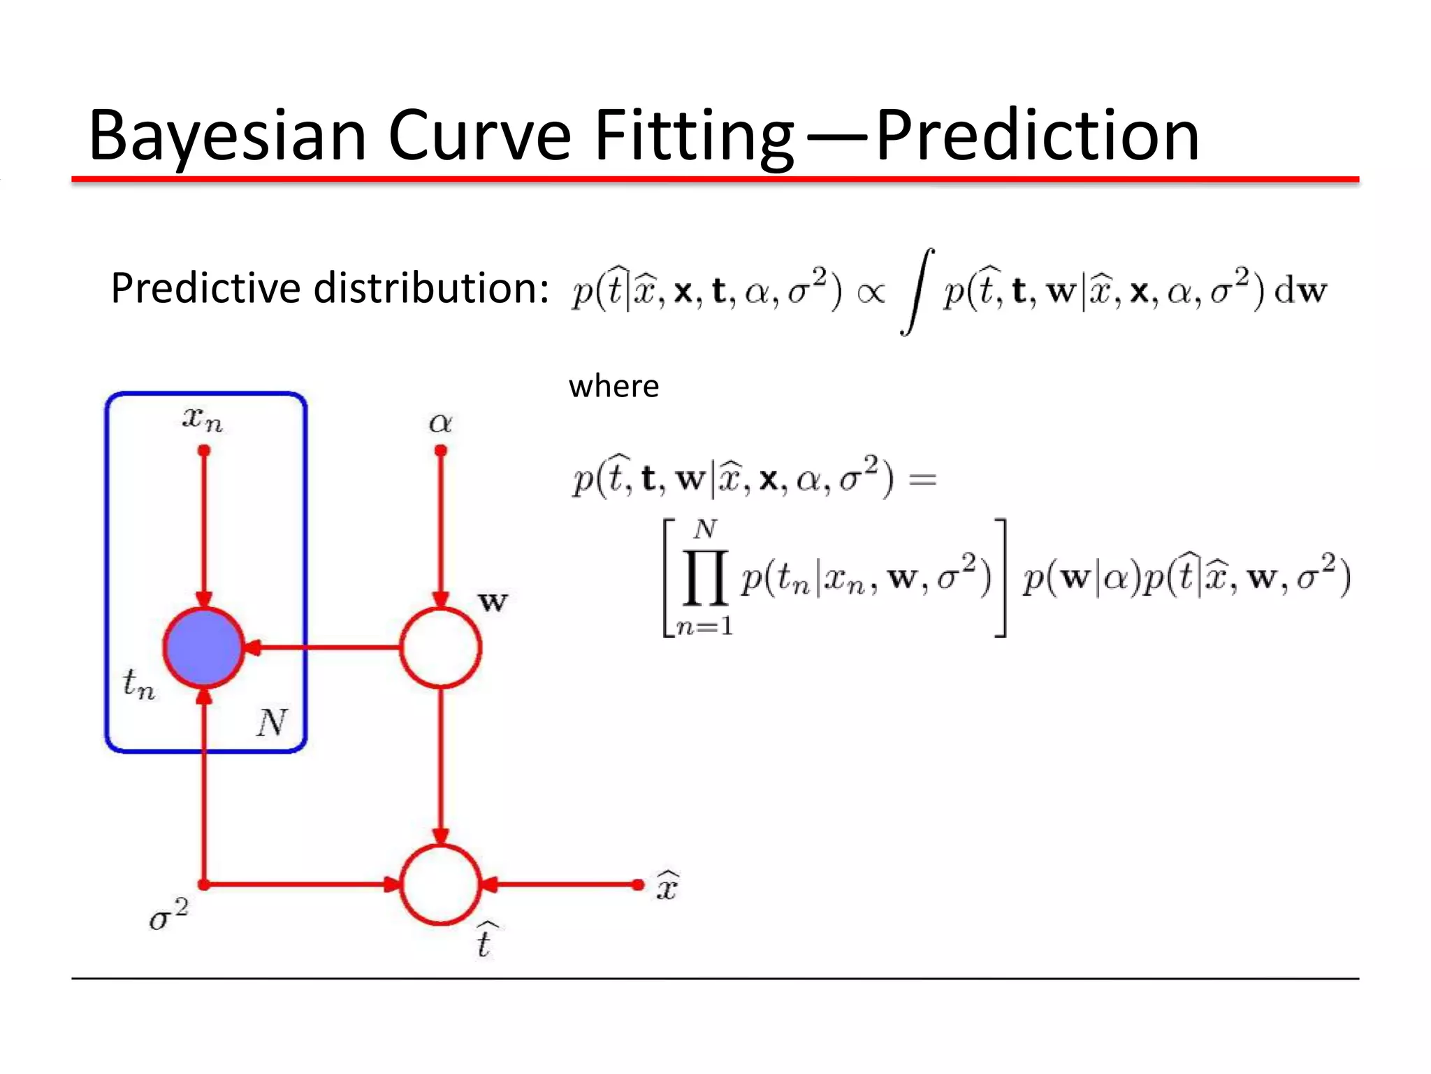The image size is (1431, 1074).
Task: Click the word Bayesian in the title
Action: [x=227, y=136]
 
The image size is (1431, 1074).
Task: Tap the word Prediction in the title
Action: [x=1037, y=136]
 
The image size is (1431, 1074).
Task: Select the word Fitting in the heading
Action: [x=693, y=136]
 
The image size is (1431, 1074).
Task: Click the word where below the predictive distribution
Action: [x=613, y=387]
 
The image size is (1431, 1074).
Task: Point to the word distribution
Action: [x=431, y=288]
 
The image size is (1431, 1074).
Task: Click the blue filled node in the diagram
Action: [x=204, y=647]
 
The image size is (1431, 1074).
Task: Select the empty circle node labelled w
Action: [x=440, y=647]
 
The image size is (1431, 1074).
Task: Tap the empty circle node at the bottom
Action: [x=440, y=885]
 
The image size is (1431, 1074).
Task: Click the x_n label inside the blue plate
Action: [x=203, y=419]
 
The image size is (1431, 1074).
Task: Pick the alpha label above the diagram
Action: [x=440, y=422]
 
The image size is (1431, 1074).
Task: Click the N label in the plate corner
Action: [x=271, y=722]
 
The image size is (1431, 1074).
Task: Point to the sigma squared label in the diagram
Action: [x=168, y=915]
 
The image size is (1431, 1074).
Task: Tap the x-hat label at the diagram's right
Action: [x=667, y=886]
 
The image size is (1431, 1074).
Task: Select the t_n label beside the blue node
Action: [x=138, y=683]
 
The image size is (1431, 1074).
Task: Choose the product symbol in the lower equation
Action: [x=705, y=578]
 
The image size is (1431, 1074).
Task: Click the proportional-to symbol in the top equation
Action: [x=871, y=292]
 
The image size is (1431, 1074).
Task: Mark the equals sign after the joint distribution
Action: [x=922, y=480]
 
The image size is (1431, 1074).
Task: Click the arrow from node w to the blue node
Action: [x=321, y=647]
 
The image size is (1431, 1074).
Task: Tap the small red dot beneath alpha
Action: [x=440, y=451]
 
